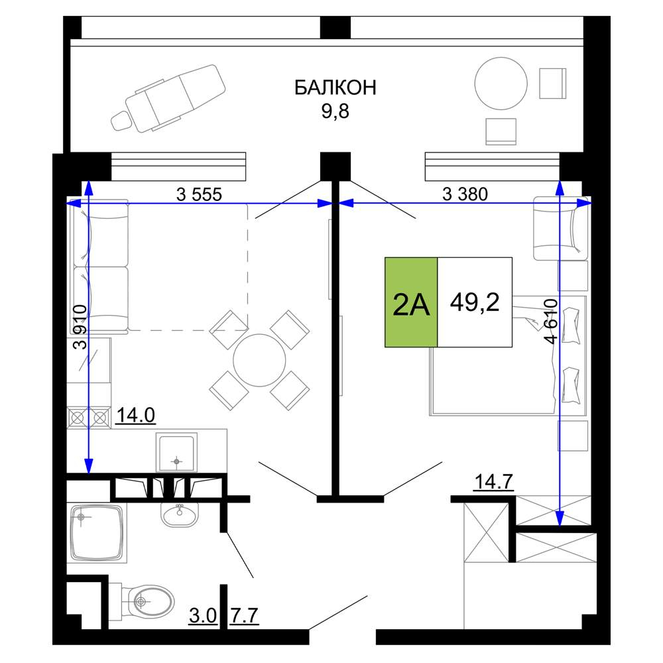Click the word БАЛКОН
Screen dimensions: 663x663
pyautogui.click(x=335, y=88)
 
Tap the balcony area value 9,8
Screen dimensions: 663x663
pyautogui.click(x=335, y=111)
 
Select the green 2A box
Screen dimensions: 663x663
pyautogui.click(x=411, y=302)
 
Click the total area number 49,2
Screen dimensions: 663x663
pyautogui.click(x=475, y=302)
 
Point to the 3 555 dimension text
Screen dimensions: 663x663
pyautogui.click(x=199, y=194)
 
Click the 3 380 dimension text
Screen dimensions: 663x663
pyautogui.click(x=465, y=194)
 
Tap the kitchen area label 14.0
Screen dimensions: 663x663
pyautogui.click(x=136, y=415)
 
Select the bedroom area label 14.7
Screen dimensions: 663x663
pyautogui.click(x=494, y=481)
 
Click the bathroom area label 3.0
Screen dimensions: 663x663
pyautogui.click(x=203, y=616)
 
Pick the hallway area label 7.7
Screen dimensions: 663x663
pyautogui.click(x=245, y=616)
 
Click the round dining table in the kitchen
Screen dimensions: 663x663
pyautogui.click(x=259, y=360)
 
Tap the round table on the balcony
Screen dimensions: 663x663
pyautogui.click(x=501, y=84)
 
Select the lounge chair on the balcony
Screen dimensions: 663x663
pyautogui.click(x=168, y=98)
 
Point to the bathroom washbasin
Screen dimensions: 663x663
pyautogui.click(x=180, y=514)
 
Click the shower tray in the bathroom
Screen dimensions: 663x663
pyautogui.click(x=97, y=533)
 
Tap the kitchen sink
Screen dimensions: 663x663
pyautogui.click(x=176, y=452)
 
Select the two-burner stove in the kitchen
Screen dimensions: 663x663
pyautogui.click(x=89, y=418)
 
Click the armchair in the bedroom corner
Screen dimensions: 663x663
pyautogui.click(x=561, y=228)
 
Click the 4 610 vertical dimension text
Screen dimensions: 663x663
pyautogui.click(x=552, y=322)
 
